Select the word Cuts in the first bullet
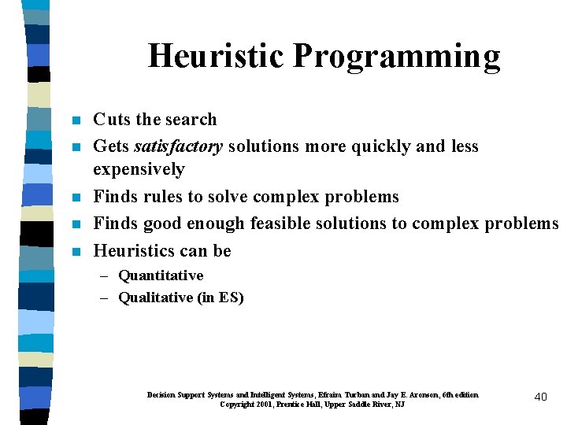112,120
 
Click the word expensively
139,169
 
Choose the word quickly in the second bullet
396,146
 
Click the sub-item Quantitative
161,275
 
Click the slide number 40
540,397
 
